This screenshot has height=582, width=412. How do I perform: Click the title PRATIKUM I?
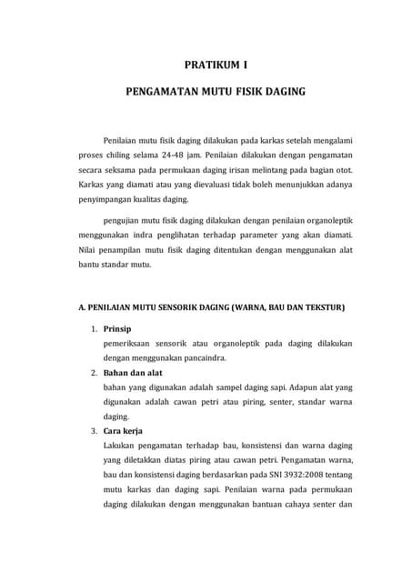tap(216, 65)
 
